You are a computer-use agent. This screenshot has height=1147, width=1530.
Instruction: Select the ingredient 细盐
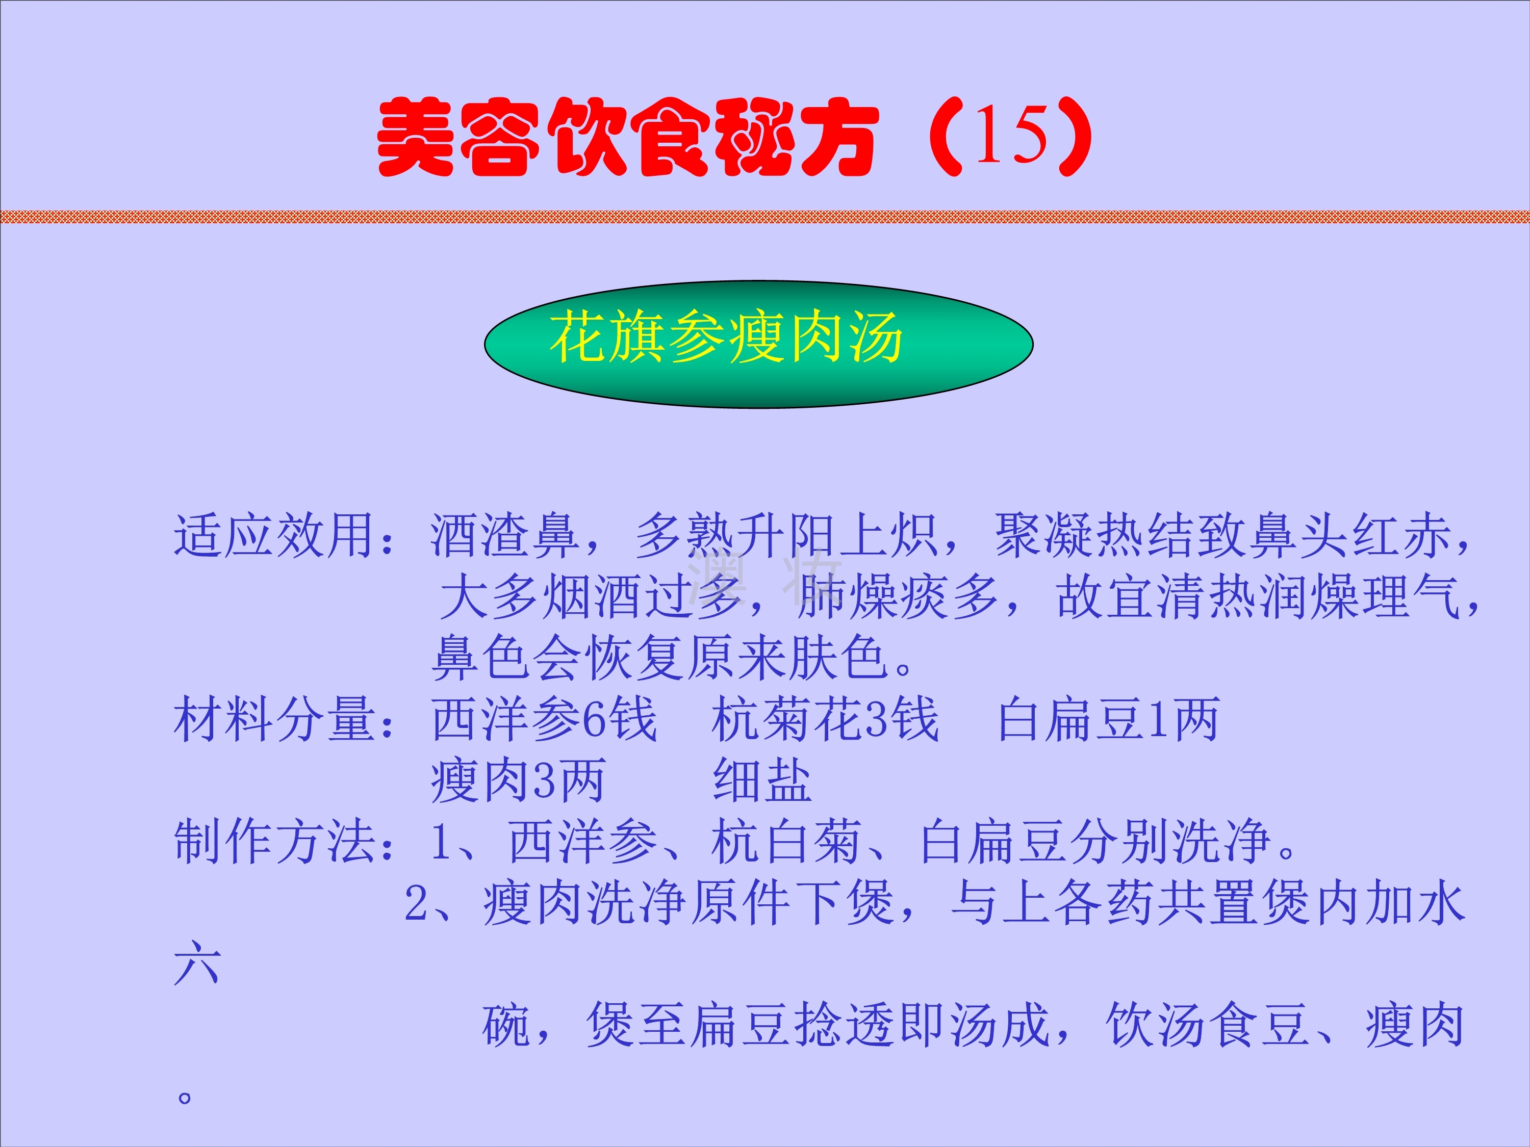(762, 780)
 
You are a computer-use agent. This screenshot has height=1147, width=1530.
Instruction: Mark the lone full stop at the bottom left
(184, 1097)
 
